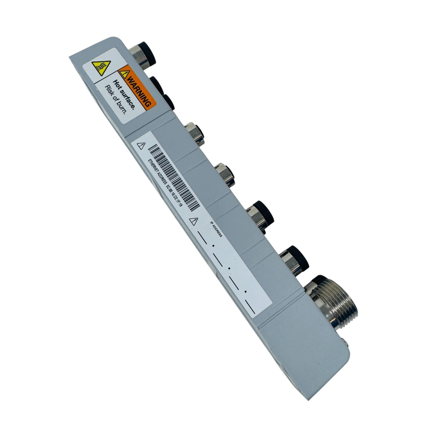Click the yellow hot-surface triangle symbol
(101, 68)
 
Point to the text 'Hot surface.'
(124, 95)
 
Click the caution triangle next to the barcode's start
(141, 146)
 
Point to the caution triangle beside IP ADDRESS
(194, 221)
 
